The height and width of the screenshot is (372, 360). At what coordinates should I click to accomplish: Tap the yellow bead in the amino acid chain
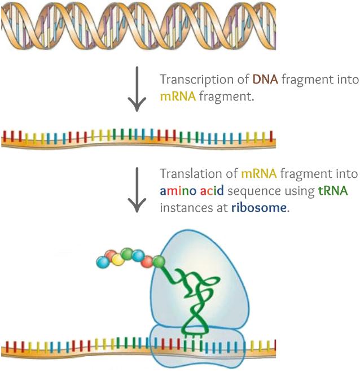117,259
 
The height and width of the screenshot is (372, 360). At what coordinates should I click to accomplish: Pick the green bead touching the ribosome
159,261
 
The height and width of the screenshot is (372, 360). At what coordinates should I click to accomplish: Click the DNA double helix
138,26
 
